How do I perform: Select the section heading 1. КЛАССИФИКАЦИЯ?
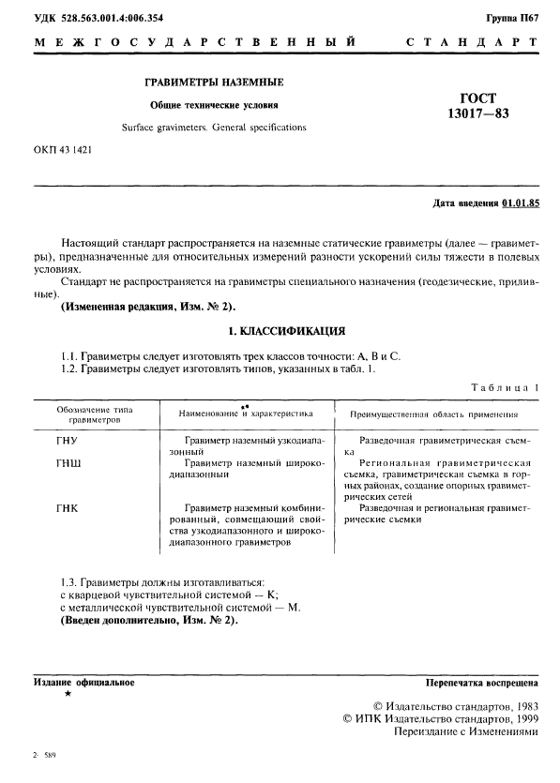click(x=287, y=331)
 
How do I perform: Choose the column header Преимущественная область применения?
click(x=434, y=413)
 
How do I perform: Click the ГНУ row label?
click(x=69, y=440)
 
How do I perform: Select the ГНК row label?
click(x=68, y=507)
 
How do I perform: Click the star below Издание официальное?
click(x=67, y=694)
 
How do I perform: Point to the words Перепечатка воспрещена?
click(x=482, y=682)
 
